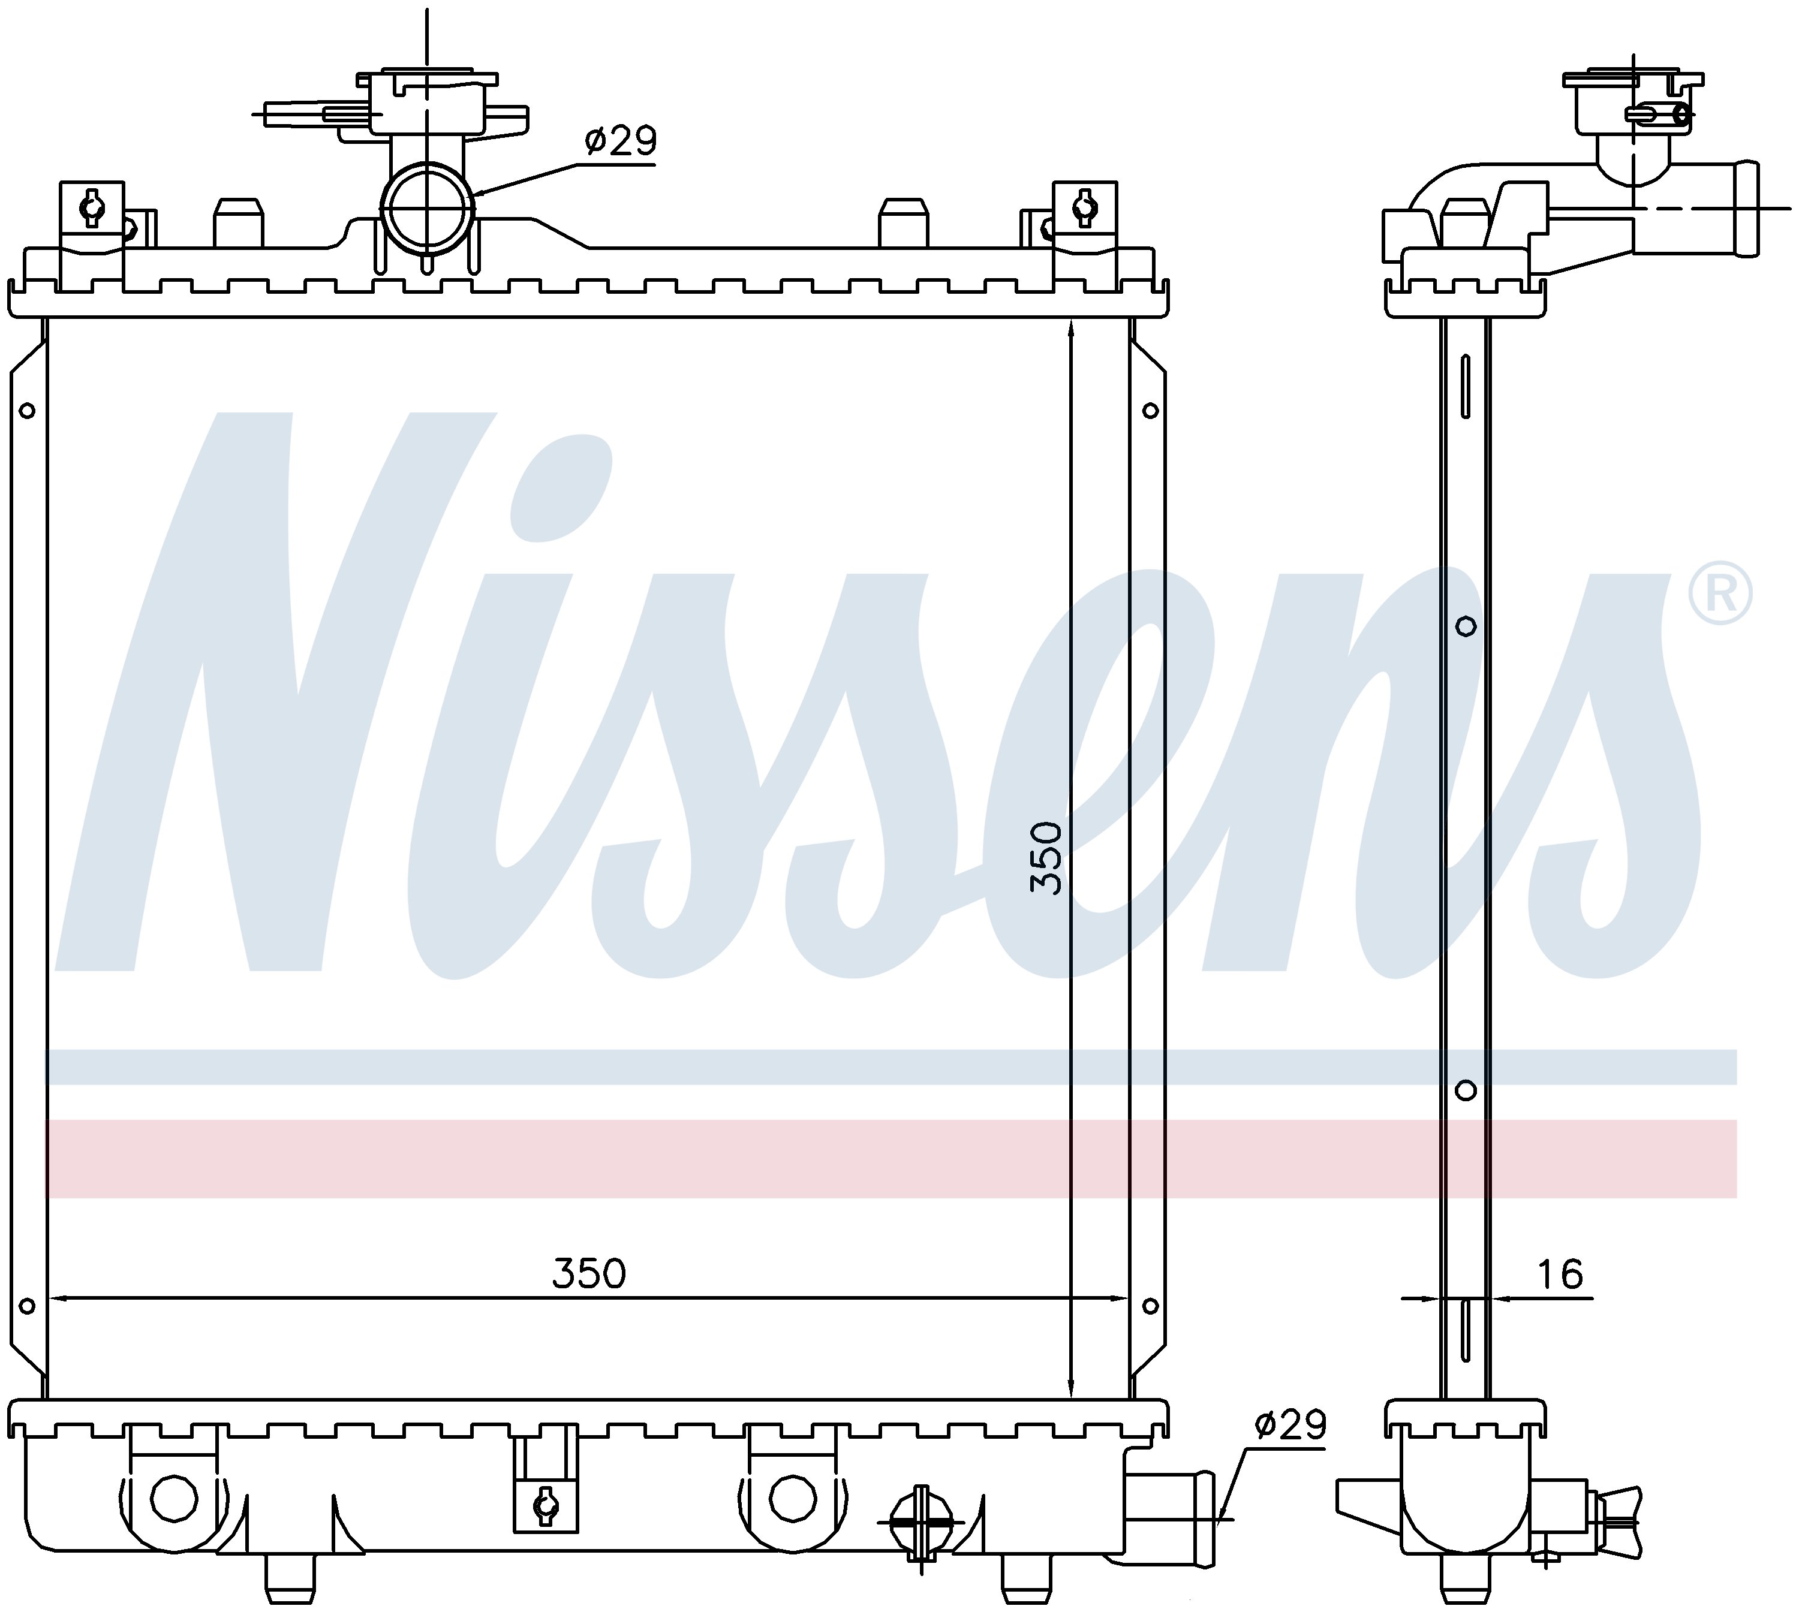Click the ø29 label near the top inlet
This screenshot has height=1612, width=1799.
(x=621, y=141)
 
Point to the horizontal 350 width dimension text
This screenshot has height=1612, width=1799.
(x=589, y=1274)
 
